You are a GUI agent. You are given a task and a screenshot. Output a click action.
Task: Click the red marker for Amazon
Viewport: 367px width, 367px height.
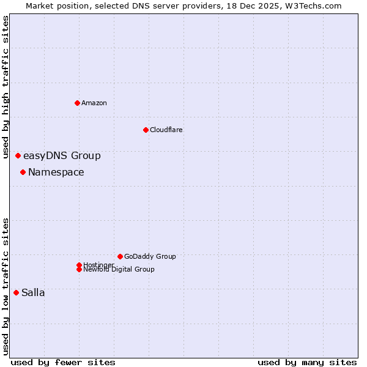click(x=77, y=103)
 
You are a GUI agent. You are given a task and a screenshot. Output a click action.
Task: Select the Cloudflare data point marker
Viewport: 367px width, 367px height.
click(x=146, y=130)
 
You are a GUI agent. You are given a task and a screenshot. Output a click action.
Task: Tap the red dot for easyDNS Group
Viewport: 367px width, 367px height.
click(x=18, y=156)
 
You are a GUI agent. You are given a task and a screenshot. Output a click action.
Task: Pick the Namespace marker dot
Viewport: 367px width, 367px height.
click(x=23, y=172)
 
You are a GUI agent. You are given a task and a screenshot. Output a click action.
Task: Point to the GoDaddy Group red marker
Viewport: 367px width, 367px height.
click(x=120, y=256)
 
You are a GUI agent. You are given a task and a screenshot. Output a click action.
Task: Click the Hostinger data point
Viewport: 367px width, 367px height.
click(x=79, y=265)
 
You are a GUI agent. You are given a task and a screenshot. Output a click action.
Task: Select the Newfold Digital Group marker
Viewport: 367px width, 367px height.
click(x=79, y=269)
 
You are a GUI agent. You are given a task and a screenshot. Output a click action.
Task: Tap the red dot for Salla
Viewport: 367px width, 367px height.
click(x=16, y=292)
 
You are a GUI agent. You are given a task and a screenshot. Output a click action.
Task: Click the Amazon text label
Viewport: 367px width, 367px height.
click(x=94, y=103)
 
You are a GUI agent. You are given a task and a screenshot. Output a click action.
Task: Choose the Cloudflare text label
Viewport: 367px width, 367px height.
click(x=166, y=130)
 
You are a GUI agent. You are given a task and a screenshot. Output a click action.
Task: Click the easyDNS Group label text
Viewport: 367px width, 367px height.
click(x=62, y=156)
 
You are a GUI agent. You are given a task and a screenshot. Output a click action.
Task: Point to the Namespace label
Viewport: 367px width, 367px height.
click(x=56, y=172)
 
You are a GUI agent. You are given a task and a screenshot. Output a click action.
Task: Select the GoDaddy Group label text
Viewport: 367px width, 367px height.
click(x=150, y=256)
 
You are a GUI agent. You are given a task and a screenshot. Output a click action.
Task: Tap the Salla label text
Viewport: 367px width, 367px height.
click(x=33, y=293)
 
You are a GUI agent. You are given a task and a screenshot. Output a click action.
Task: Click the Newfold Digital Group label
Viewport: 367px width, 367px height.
click(x=119, y=270)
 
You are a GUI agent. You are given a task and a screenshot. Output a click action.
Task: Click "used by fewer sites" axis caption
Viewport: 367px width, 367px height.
click(x=63, y=362)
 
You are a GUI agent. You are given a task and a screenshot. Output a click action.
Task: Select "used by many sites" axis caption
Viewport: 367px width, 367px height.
click(x=307, y=362)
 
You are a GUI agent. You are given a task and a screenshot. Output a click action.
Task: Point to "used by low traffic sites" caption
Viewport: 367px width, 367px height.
click(x=6, y=286)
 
